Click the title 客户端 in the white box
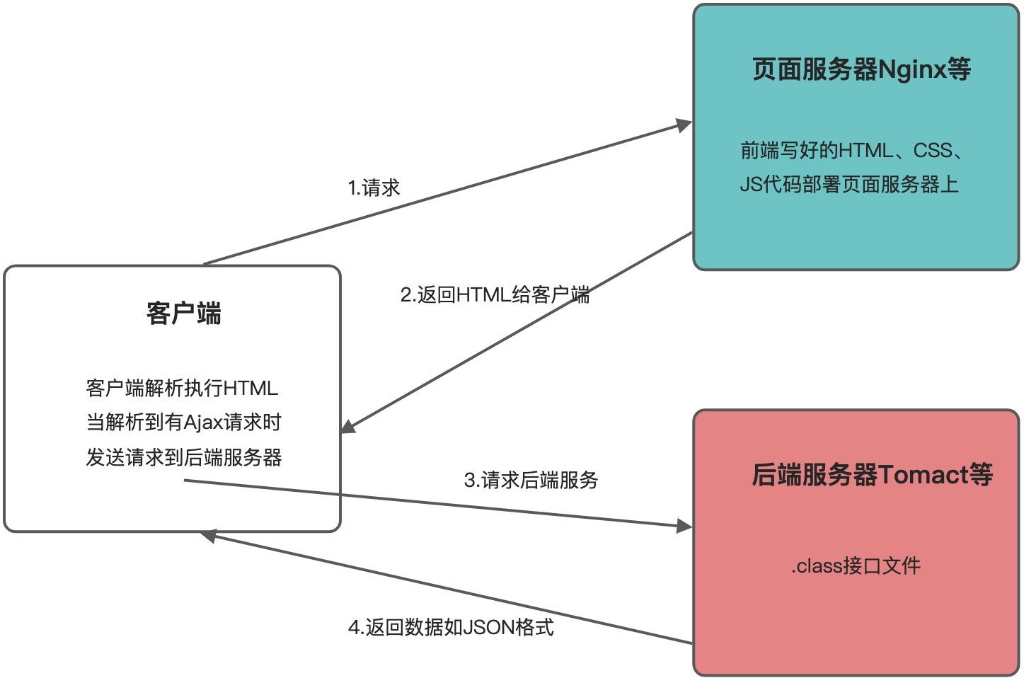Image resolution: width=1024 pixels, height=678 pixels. coord(184,313)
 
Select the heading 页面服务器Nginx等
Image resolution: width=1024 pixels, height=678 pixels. coord(861,69)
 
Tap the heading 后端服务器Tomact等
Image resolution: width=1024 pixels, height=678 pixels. coord(872,474)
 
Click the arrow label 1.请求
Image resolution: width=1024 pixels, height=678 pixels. coord(374,188)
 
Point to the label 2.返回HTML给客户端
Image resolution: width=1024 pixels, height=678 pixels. coord(495,294)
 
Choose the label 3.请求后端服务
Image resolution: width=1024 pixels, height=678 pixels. coord(531,480)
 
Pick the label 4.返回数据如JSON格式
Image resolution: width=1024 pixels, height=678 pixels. coord(451,627)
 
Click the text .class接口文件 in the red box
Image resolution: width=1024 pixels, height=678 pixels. coord(856,565)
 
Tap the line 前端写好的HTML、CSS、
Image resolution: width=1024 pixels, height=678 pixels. coord(852,150)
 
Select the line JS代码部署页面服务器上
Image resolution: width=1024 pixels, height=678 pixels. coord(849,185)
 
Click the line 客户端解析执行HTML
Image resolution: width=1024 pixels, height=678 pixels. coord(182,388)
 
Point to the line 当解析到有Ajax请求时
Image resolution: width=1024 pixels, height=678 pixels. coord(184,423)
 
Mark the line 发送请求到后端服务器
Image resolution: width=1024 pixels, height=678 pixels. coord(184,457)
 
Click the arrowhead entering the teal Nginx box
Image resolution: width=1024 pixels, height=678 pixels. coord(684,126)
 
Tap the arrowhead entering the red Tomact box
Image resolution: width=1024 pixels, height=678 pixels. coord(684,526)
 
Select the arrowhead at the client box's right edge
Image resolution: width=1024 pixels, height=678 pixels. coord(348,427)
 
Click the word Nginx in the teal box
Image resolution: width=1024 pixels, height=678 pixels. coord(912,69)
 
